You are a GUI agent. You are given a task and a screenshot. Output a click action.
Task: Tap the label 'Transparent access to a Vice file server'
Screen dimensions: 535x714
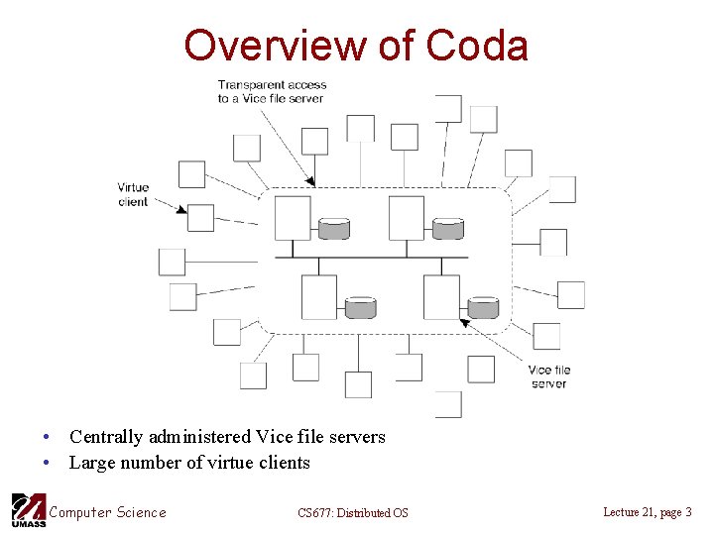click(x=272, y=91)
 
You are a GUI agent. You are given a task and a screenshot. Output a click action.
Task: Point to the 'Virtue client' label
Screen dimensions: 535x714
click(x=133, y=194)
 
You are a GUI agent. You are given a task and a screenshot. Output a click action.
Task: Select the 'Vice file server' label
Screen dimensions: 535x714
click(x=548, y=376)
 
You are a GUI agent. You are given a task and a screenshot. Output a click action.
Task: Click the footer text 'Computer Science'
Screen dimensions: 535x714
click(x=107, y=512)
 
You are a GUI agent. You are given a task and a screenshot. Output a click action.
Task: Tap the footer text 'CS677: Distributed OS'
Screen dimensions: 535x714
click(x=352, y=513)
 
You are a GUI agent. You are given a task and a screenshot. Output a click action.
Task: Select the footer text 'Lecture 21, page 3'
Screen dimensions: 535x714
click(x=648, y=512)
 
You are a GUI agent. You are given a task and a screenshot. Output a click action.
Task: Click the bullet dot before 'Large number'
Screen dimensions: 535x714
click(x=46, y=464)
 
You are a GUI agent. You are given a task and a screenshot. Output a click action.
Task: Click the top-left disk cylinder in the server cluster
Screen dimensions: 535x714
click(x=334, y=229)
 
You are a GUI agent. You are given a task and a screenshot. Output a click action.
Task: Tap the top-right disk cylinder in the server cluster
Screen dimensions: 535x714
click(x=448, y=229)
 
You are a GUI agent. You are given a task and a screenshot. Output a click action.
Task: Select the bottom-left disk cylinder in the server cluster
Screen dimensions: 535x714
click(x=360, y=307)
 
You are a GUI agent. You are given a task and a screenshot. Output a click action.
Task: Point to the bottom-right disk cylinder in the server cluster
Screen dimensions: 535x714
click(x=483, y=307)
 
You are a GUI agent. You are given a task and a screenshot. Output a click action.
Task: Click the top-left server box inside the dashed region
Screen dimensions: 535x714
click(x=293, y=218)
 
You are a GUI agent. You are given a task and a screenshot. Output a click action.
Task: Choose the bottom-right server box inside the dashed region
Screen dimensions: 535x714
click(x=441, y=297)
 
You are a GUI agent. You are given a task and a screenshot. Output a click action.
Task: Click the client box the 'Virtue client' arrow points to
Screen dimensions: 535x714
click(x=200, y=217)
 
